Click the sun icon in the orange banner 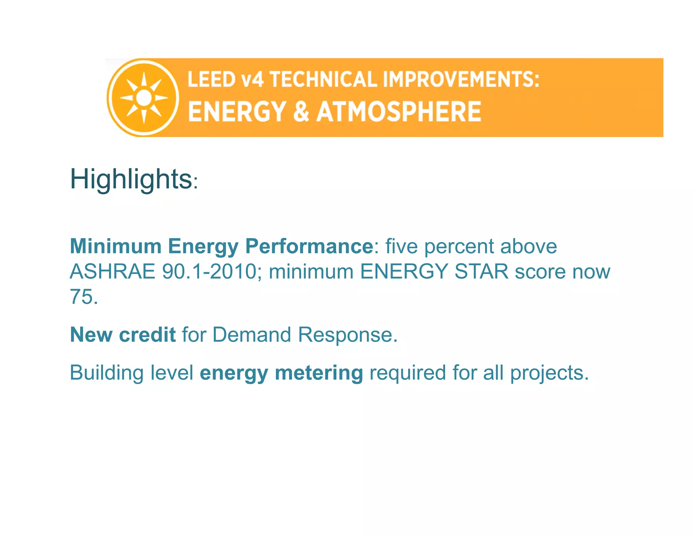point(144,98)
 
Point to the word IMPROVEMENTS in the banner point(461,79)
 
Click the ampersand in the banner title point(301,111)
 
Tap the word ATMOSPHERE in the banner point(399,111)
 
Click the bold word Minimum point(115,246)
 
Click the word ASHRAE point(112,272)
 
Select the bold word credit point(147,335)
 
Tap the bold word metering point(319,373)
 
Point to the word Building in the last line point(107,373)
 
